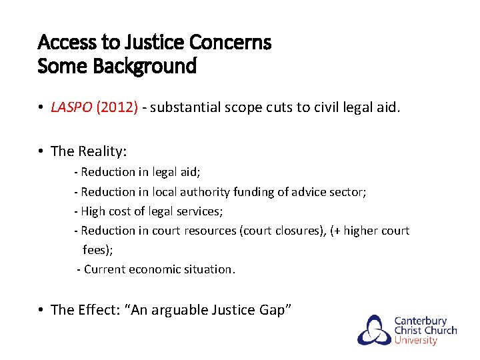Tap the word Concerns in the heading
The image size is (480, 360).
pyautogui.click(x=231, y=43)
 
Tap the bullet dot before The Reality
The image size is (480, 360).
pyautogui.click(x=41, y=151)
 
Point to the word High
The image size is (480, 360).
pyautogui.click(x=93, y=211)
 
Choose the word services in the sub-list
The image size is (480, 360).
pyautogui.click(x=197, y=211)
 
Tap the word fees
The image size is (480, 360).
pyautogui.click(x=96, y=250)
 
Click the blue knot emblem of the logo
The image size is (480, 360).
pyautogui.click(x=374, y=329)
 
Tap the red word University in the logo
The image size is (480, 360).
pyautogui.click(x=416, y=340)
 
